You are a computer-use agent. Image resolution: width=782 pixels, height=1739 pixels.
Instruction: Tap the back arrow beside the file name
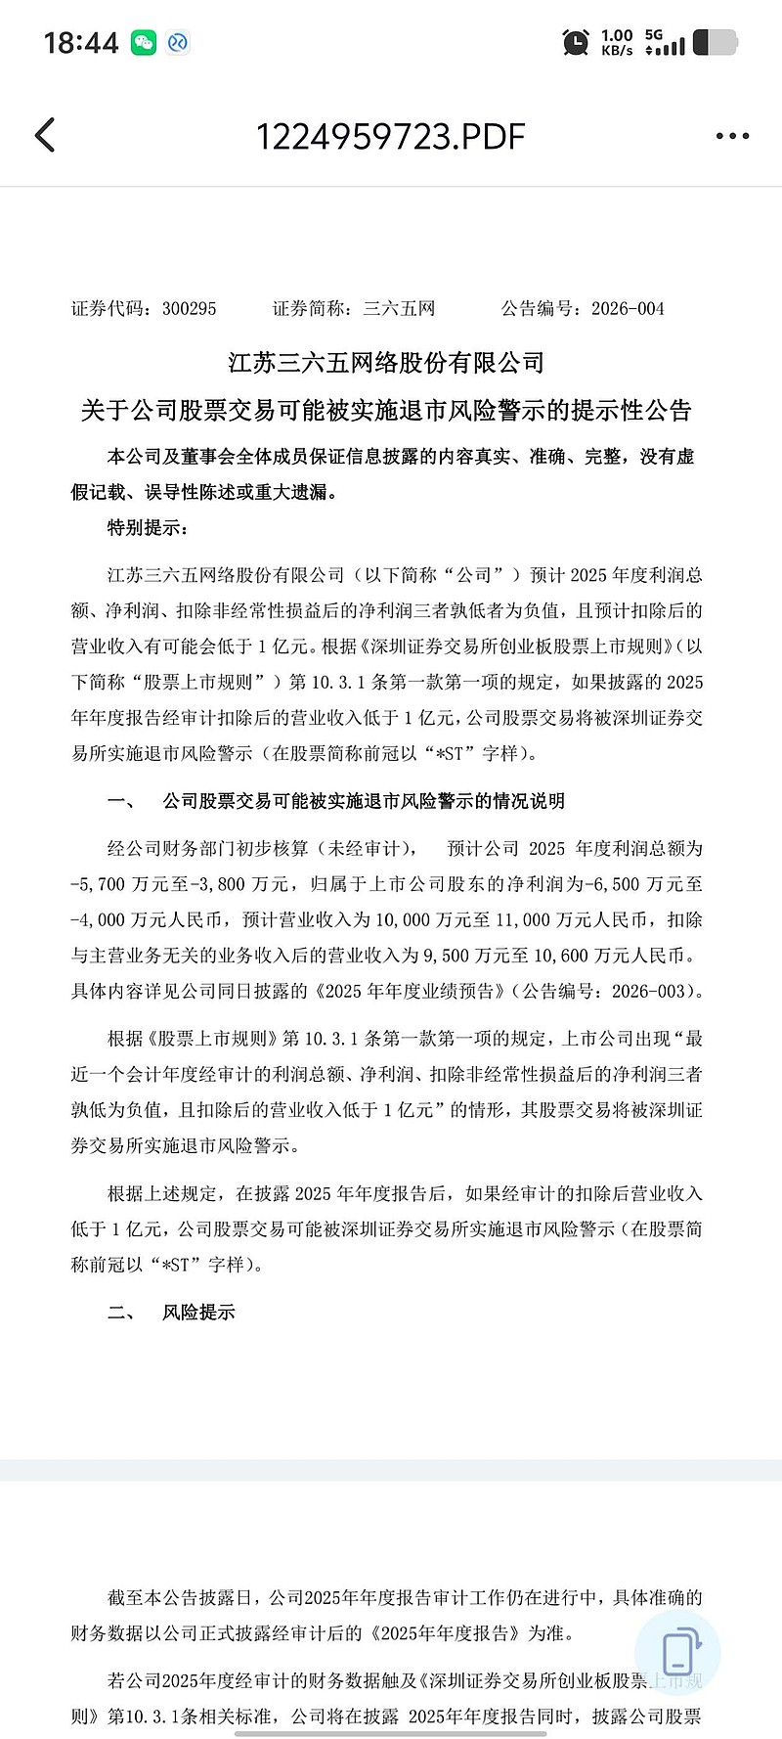point(45,136)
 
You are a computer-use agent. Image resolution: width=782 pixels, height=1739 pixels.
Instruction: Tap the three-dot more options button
point(732,136)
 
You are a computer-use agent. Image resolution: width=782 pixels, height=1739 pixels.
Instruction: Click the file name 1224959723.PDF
point(390,136)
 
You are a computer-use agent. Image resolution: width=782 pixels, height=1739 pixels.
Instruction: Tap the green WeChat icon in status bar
point(144,42)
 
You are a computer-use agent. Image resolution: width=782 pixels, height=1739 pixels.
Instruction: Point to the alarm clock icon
point(576,42)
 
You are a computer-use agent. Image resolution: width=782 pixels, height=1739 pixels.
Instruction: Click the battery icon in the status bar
point(715,42)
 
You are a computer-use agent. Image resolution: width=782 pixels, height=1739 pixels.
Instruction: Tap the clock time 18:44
point(81,43)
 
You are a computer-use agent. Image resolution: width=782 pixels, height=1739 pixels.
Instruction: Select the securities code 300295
point(190,309)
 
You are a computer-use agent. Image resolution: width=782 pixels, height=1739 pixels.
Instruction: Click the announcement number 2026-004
point(628,309)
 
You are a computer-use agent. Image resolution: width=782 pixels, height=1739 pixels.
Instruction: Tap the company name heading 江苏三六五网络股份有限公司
point(386,363)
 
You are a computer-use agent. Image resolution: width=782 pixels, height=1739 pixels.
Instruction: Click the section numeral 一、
point(122,801)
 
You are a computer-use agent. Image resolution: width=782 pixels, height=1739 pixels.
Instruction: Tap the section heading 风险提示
point(198,1313)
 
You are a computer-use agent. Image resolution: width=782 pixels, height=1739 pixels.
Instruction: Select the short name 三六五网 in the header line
point(399,309)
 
